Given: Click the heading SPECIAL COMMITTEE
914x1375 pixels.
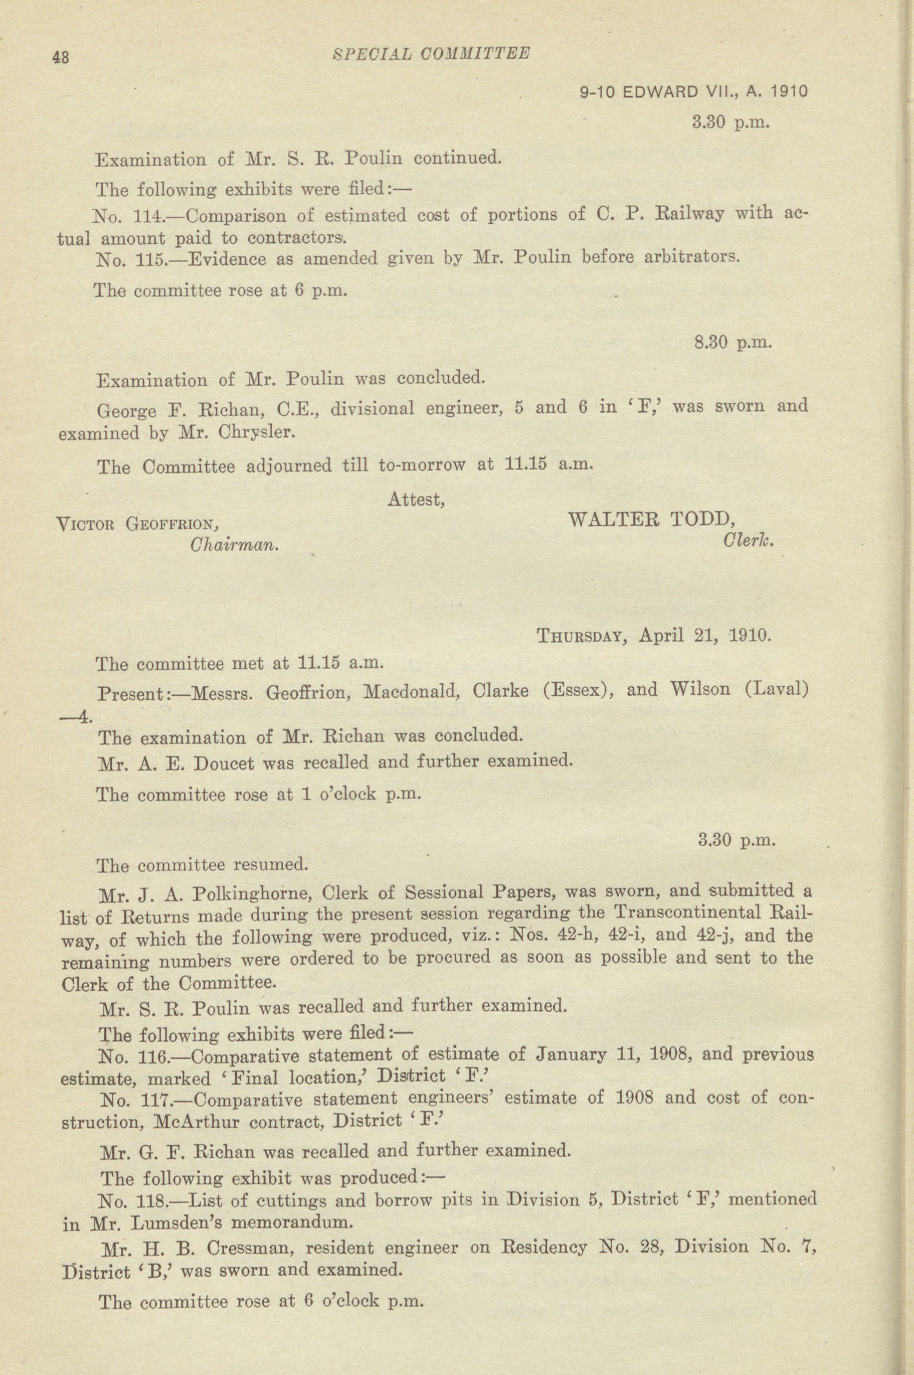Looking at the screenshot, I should tap(430, 54).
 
